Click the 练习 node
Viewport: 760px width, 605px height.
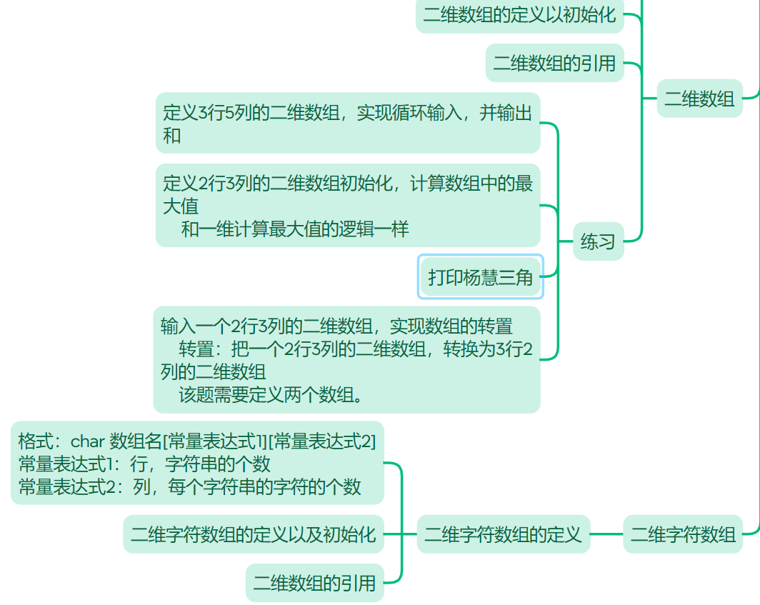pyautogui.click(x=598, y=241)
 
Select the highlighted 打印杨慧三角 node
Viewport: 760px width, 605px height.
pyautogui.click(x=481, y=277)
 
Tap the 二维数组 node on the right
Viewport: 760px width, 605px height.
pyautogui.click(x=699, y=99)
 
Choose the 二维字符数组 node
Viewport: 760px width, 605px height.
pyautogui.click(x=683, y=534)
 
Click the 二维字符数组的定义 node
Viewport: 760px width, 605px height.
pyautogui.click(x=503, y=534)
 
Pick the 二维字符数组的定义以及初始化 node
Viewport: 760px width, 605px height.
pyautogui.click(x=253, y=534)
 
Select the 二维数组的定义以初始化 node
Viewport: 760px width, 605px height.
pyautogui.click(x=519, y=15)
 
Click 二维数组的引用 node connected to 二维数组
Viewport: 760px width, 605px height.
pyautogui.click(x=554, y=63)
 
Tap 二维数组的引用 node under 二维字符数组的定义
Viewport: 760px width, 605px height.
pyautogui.click(x=314, y=583)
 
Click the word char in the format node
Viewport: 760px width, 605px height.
pyautogui.click(x=87, y=441)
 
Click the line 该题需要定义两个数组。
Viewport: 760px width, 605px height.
pyautogui.click(x=270, y=394)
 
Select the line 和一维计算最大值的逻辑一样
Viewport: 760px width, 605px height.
pyautogui.click(x=295, y=229)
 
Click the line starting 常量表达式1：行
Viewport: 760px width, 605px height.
pyautogui.click(x=144, y=464)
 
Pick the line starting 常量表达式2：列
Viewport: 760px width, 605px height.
pyautogui.click(x=189, y=487)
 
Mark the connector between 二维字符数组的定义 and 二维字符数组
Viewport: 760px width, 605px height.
pyautogui.click(x=606, y=534)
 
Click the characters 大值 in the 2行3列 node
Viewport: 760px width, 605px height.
pyautogui.click(x=180, y=206)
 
